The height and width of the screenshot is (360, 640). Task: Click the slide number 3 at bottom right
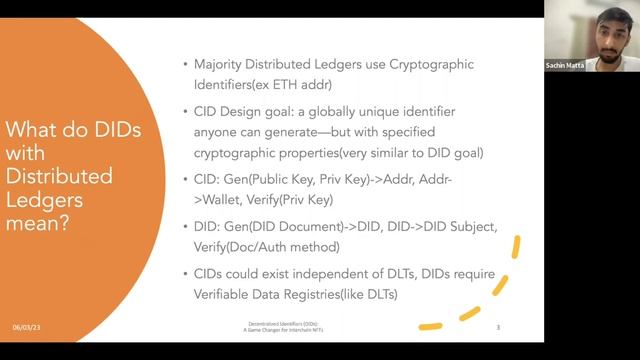(498, 327)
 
